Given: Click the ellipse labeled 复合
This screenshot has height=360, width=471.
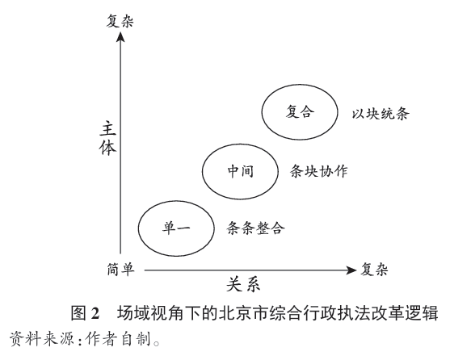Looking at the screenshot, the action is coord(262,111).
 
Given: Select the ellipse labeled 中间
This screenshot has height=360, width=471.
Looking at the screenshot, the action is coord(203,171).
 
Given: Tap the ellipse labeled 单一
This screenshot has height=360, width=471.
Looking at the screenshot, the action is coord(139,228).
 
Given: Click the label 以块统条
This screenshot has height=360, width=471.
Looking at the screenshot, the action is coord(381,114).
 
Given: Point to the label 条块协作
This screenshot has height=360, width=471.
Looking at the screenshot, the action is coord(318,171).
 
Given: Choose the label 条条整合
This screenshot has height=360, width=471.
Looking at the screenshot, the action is coord(255,228).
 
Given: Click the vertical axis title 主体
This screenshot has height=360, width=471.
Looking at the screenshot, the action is coord(107,138).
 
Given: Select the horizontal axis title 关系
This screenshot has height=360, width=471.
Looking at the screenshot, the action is coord(243,284).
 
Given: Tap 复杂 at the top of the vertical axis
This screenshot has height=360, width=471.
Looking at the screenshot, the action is coord(120,21).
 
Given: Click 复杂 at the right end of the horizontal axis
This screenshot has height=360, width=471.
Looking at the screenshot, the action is coord(374,269).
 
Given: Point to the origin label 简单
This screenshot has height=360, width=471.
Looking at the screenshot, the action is coord(120,269).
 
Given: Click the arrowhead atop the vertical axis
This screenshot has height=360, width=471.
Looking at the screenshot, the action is coord(120,37).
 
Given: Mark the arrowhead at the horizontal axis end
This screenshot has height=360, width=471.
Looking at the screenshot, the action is coord(351,270).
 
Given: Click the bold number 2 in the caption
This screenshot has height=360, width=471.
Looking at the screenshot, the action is coord(95,313).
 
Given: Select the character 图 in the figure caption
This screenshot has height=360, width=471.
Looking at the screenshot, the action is coord(78,312).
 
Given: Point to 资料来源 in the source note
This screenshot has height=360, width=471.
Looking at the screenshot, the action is coord(42,339).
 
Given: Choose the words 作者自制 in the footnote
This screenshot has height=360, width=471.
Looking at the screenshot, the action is coord(117,339).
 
